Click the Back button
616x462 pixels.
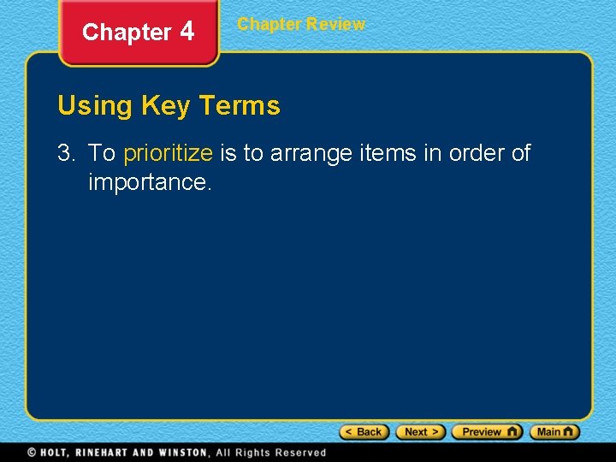pyautogui.click(x=364, y=432)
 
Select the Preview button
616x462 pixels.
pyautogui.click(x=486, y=432)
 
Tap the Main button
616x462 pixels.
pyautogui.click(x=554, y=432)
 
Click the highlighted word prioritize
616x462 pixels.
pyautogui.click(x=168, y=154)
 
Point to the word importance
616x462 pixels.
pyautogui.click(x=149, y=182)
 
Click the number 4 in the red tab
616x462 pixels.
pyautogui.click(x=187, y=32)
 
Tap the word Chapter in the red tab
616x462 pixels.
pyautogui.click(x=127, y=33)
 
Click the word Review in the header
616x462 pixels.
pyautogui.click(x=335, y=24)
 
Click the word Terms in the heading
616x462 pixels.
pyautogui.click(x=239, y=106)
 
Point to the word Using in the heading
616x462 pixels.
pyautogui.click(x=94, y=106)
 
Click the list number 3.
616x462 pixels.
pyautogui.click(x=66, y=154)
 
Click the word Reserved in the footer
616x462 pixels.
pyautogui.click(x=300, y=453)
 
